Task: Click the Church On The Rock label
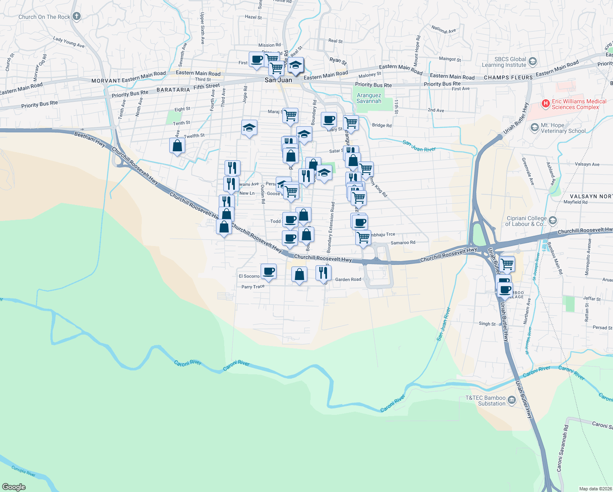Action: click(44, 17)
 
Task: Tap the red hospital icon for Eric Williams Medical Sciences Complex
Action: click(545, 104)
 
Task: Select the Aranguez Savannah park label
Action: click(369, 98)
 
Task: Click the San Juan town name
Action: click(278, 80)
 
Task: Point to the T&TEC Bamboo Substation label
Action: click(486, 401)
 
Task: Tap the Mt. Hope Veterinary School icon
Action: click(534, 128)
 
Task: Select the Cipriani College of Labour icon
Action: click(553, 221)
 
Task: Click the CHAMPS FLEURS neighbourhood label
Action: click(508, 77)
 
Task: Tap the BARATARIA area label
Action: click(173, 90)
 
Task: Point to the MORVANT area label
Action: click(106, 81)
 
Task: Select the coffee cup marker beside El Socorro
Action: click(268, 271)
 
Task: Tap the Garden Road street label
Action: click(348, 280)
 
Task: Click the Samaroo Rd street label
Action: click(403, 243)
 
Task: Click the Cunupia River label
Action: click(23, 471)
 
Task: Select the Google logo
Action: click(14, 487)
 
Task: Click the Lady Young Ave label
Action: click(69, 42)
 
